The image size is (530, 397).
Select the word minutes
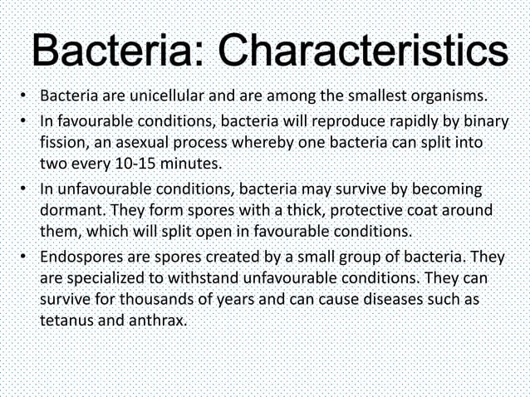190,162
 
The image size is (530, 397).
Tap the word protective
349,211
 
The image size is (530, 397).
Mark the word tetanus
66,318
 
